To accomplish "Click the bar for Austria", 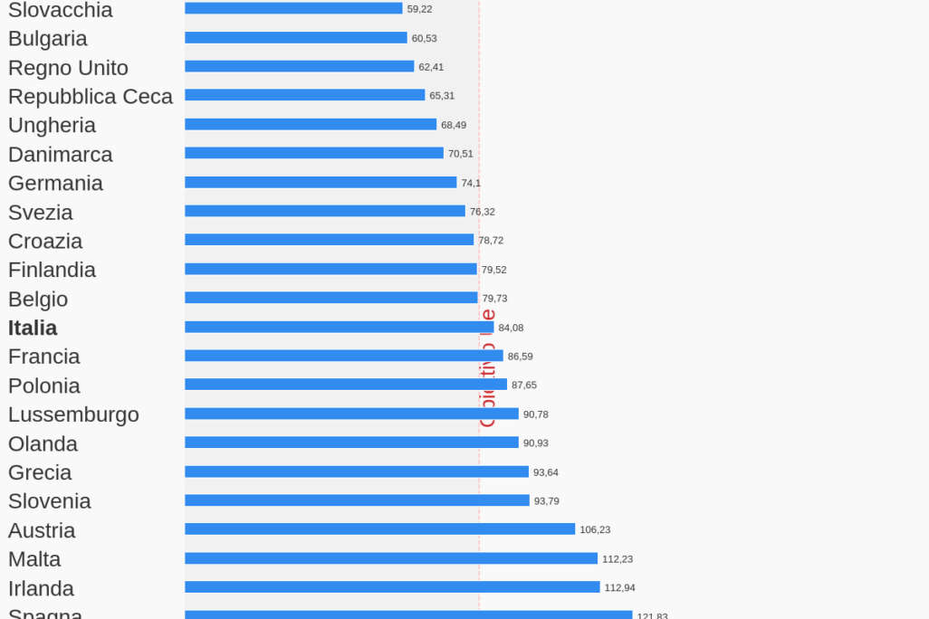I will tap(379, 529).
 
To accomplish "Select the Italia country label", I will tap(33, 328).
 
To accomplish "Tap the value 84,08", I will tap(511, 328).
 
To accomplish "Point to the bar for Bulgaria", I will tap(295, 38).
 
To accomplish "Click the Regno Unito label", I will tap(68, 68).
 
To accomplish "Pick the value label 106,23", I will tap(595, 529).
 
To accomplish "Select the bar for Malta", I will tap(391, 558).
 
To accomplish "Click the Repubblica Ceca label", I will tap(91, 97).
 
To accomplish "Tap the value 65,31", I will tap(442, 96).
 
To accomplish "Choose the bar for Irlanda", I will tap(392, 587).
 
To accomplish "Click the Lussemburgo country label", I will tap(73, 414).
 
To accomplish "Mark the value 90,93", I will tap(536, 443).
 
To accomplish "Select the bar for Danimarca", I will tap(313, 154).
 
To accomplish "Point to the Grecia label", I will tap(40, 472).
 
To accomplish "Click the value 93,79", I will tap(546, 501).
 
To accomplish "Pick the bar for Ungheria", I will tap(311, 125).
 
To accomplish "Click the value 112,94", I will tap(619, 587).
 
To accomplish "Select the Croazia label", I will tap(45, 242).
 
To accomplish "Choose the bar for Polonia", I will tap(346, 385).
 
